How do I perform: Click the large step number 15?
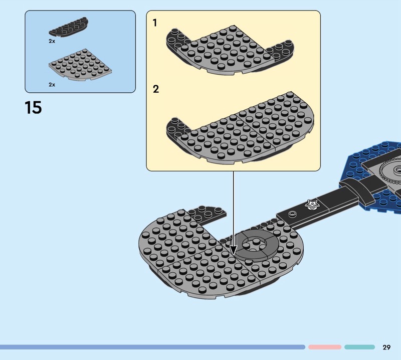tap(33, 107)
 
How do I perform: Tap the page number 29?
tap(386, 347)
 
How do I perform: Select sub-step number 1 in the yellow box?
tap(155, 23)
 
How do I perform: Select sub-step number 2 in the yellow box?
tap(156, 89)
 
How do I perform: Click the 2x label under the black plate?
tap(52, 41)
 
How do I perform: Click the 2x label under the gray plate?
tap(52, 85)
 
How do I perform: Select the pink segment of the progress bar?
tap(325, 347)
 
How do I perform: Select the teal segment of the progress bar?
tap(359, 347)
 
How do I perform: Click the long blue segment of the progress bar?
tap(150, 347)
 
